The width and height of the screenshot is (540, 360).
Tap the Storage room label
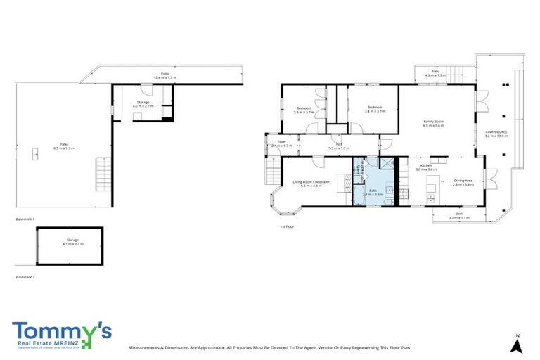click(x=143, y=103)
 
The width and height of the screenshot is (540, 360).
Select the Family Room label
click(x=433, y=122)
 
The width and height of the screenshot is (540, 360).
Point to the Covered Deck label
click(x=496, y=132)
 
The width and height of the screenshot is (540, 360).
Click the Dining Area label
click(x=463, y=180)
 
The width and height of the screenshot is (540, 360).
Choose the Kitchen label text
click(x=426, y=166)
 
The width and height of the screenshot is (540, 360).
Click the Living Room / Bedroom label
click(x=311, y=182)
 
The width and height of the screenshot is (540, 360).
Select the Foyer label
click(x=281, y=141)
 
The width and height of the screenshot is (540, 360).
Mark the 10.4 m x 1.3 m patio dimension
click(x=165, y=77)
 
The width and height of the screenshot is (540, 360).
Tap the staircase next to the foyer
click(x=272, y=169)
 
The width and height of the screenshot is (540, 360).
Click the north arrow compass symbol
click(x=517, y=344)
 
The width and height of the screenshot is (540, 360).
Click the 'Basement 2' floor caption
click(x=25, y=277)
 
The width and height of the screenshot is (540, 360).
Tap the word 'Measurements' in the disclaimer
click(x=146, y=347)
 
